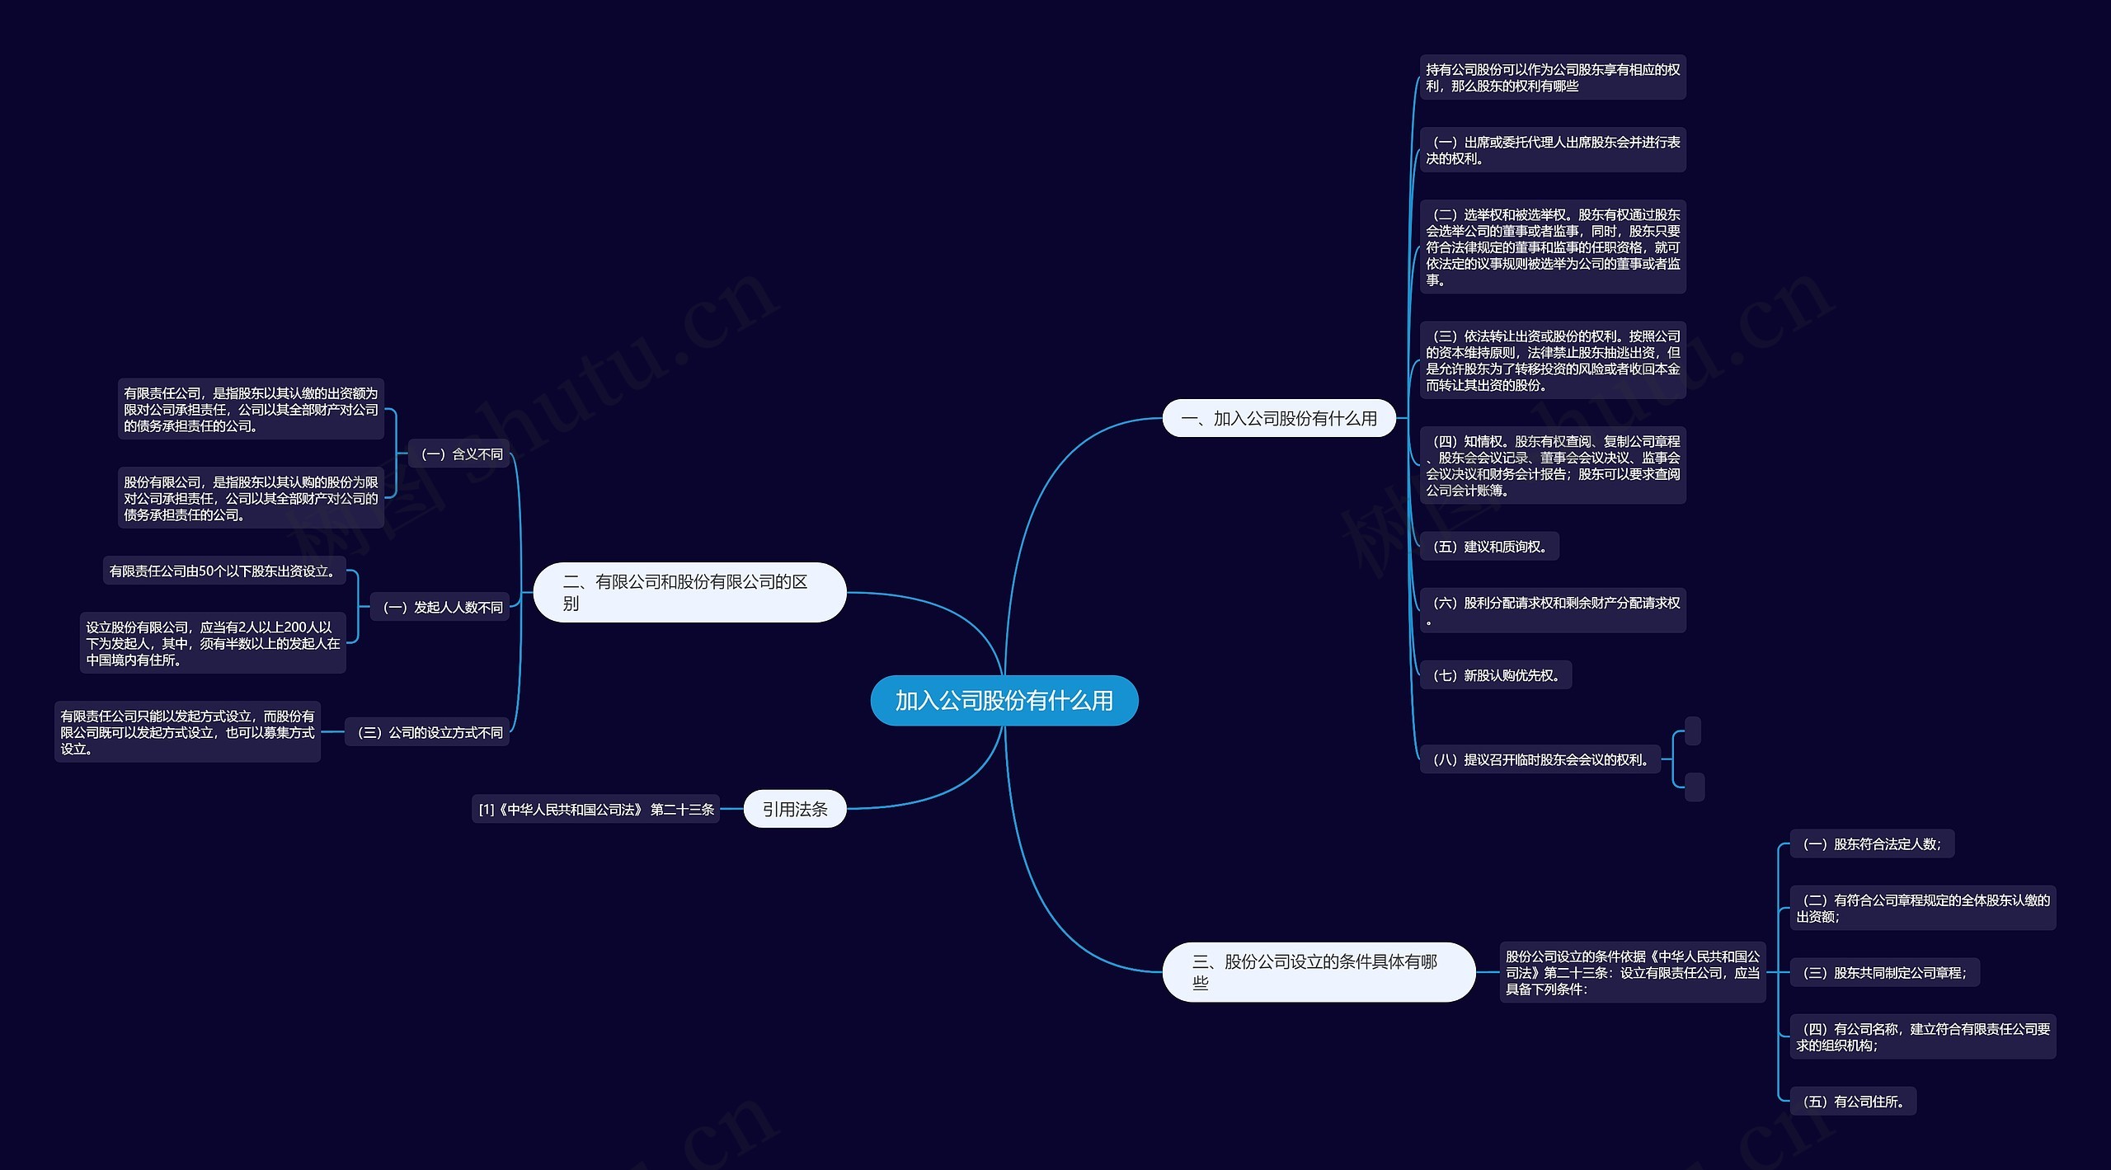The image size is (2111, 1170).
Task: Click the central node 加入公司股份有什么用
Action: click(1004, 701)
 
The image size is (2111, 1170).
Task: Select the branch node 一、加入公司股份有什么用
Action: click(1278, 419)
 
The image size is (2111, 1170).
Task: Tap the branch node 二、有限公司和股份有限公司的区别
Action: click(689, 592)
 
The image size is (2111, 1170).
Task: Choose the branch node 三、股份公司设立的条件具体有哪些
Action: click(1318, 971)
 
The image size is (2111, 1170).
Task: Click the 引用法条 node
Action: click(794, 809)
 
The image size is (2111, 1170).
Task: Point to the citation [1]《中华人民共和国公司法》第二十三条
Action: click(596, 810)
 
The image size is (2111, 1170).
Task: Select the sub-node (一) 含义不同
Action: click(461, 454)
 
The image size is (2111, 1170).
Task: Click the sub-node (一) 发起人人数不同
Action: click(442, 608)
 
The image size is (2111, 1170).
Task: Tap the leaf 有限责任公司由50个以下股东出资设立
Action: click(223, 571)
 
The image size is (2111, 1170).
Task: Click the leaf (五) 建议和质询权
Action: click(1489, 547)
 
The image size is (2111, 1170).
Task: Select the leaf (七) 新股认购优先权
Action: click(1496, 675)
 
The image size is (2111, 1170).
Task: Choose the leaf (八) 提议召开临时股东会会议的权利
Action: click(1540, 759)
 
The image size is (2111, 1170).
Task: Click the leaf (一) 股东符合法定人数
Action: click(1871, 843)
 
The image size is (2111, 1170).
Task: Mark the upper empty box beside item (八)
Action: click(1693, 731)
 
